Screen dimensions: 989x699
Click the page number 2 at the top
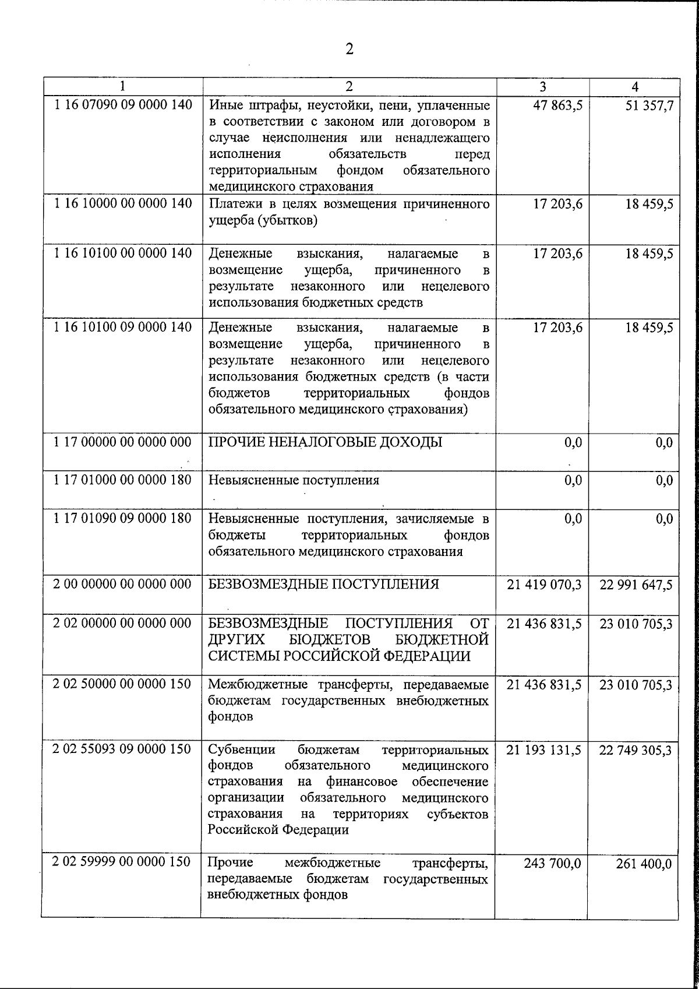(349, 49)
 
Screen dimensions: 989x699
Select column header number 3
(542, 87)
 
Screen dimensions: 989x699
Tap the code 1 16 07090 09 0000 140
(122, 105)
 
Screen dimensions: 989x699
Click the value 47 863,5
(557, 105)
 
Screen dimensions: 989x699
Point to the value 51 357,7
(649, 105)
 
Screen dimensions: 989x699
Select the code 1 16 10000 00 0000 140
(122, 204)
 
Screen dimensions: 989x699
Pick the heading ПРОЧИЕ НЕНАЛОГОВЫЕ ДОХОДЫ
(325, 442)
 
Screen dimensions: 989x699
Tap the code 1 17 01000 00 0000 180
(122, 480)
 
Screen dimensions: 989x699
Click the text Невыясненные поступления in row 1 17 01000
(294, 480)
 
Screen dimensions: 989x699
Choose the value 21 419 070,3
(544, 584)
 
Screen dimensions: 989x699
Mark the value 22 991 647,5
(636, 584)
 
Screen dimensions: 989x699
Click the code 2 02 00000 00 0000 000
(122, 623)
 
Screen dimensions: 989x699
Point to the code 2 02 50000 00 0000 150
(122, 684)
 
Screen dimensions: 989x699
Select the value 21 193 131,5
(544, 750)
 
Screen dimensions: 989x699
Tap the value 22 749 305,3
(636, 750)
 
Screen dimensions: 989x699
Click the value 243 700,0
(553, 863)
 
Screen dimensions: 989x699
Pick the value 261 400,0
(644, 863)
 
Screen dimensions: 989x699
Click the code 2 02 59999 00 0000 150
(122, 862)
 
